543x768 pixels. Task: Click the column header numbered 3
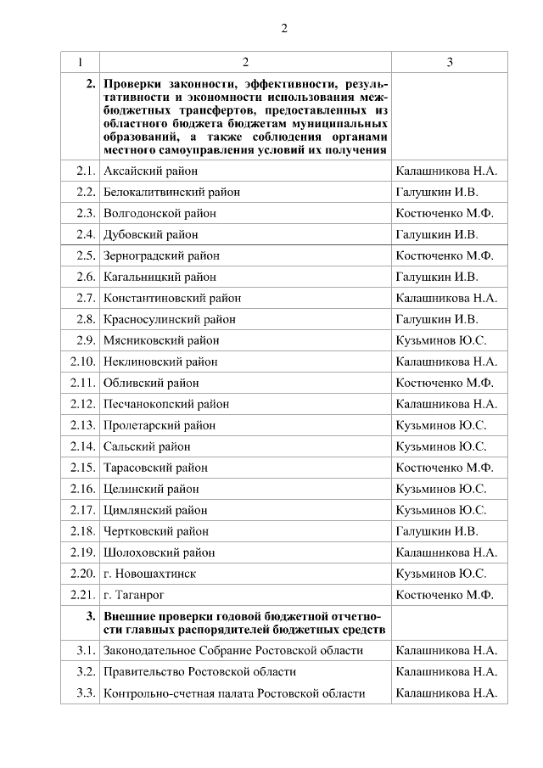[x=450, y=62]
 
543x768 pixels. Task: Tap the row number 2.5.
[x=84, y=255]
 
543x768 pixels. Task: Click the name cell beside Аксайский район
[x=446, y=171]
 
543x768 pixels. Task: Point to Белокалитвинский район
[x=171, y=192]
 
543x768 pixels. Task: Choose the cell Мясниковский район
[x=161, y=340]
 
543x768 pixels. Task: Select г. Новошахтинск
[x=149, y=574]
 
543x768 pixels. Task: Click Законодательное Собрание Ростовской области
[x=232, y=651]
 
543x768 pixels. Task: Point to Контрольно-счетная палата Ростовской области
[x=234, y=693]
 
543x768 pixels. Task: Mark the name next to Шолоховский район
[x=446, y=552]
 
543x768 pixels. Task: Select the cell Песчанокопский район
[x=166, y=404]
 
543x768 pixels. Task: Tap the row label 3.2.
[x=84, y=672]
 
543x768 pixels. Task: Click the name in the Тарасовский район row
[x=445, y=468]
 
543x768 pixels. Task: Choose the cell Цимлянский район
[x=155, y=510]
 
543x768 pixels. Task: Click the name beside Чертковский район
[x=437, y=531]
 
